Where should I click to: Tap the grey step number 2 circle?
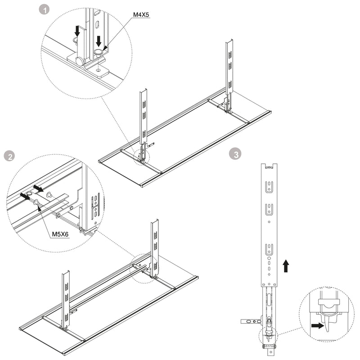click(8, 157)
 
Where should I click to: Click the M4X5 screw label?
click(141, 15)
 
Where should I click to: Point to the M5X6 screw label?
click(60, 234)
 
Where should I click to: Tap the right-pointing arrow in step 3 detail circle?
click(317, 325)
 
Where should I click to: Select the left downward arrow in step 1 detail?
click(77, 31)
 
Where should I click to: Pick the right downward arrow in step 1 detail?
click(99, 41)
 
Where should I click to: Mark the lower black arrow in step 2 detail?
click(25, 196)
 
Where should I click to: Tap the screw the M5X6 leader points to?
click(36, 202)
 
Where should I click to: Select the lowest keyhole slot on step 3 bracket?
click(269, 248)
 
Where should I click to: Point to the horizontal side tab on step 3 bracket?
click(250, 321)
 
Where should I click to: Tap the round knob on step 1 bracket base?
click(80, 61)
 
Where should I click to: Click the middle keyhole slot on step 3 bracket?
click(269, 209)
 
